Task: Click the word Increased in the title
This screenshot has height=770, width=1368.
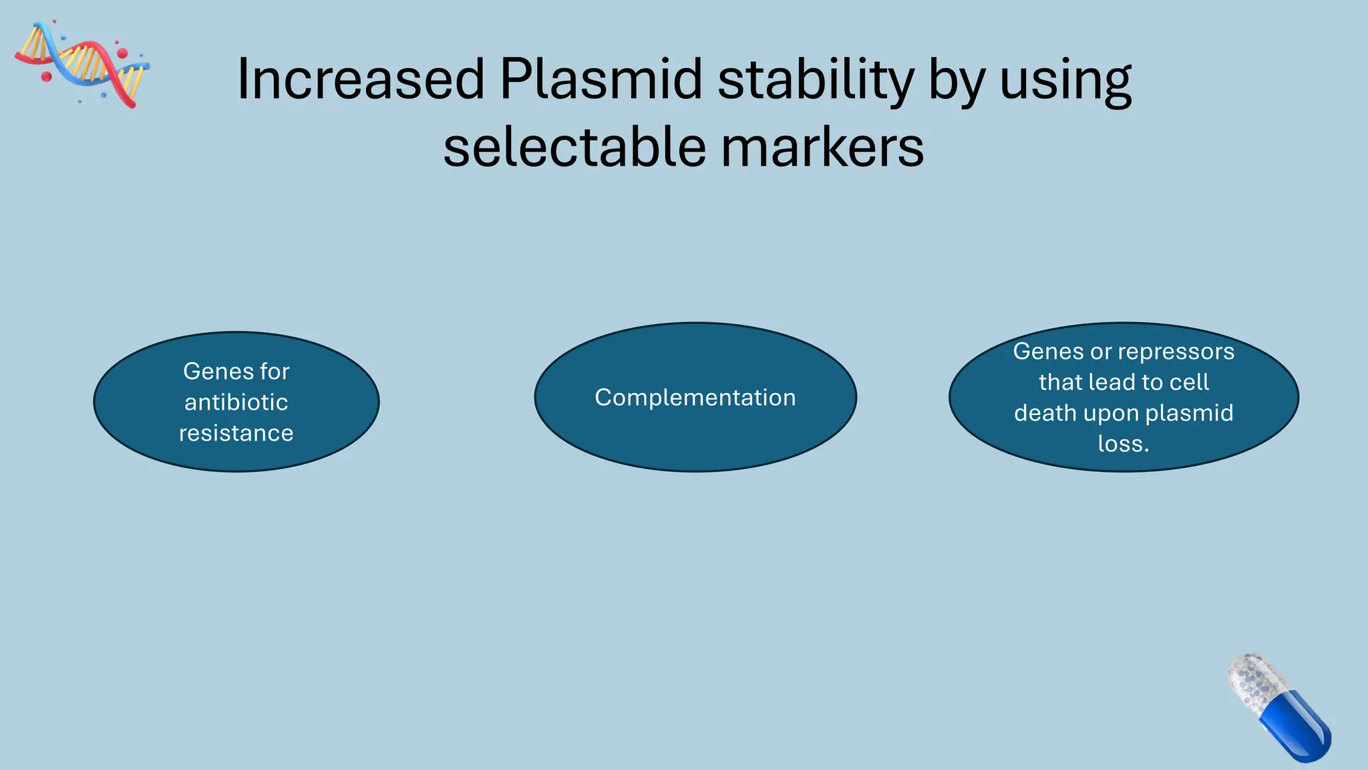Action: (x=361, y=80)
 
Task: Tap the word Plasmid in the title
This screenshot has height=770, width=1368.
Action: (x=601, y=80)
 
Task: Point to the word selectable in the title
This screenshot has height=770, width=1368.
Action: (x=574, y=148)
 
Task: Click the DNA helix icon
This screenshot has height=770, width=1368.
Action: (x=82, y=63)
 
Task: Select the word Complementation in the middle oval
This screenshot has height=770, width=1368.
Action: (x=695, y=398)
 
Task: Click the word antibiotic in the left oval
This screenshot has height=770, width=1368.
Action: (x=236, y=402)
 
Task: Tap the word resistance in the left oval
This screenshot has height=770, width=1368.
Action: (x=236, y=433)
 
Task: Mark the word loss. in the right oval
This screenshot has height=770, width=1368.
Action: (x=1124, y=444)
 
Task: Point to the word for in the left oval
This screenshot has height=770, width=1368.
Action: (x=275, y=372)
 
